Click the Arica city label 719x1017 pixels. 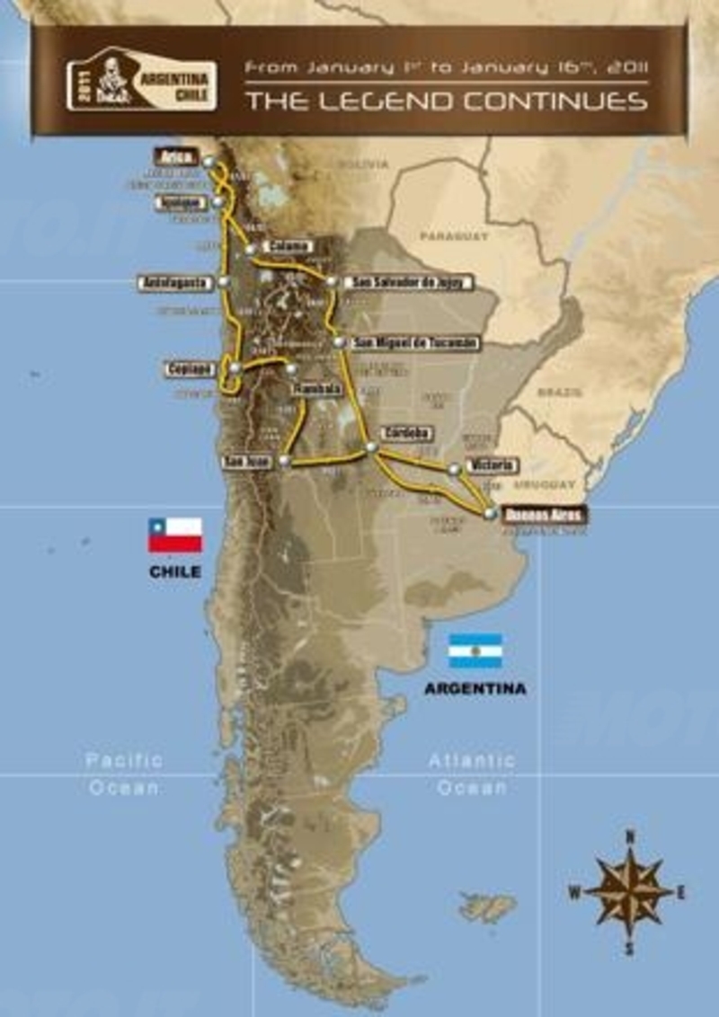[175, 155]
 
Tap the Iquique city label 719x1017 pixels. [175, 202]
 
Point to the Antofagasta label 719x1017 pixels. [174, 282]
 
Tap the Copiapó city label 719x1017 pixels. [190, 368]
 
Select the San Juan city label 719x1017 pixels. [245, 462]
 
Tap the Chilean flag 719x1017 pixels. [175, 535]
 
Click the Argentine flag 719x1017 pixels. [475, 650]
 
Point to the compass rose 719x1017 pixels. [630, 890]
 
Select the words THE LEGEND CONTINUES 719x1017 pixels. [447, 100]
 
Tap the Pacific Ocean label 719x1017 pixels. [125, 773]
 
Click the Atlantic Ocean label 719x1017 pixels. [472, 773]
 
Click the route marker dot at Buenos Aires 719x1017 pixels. [489, 512]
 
